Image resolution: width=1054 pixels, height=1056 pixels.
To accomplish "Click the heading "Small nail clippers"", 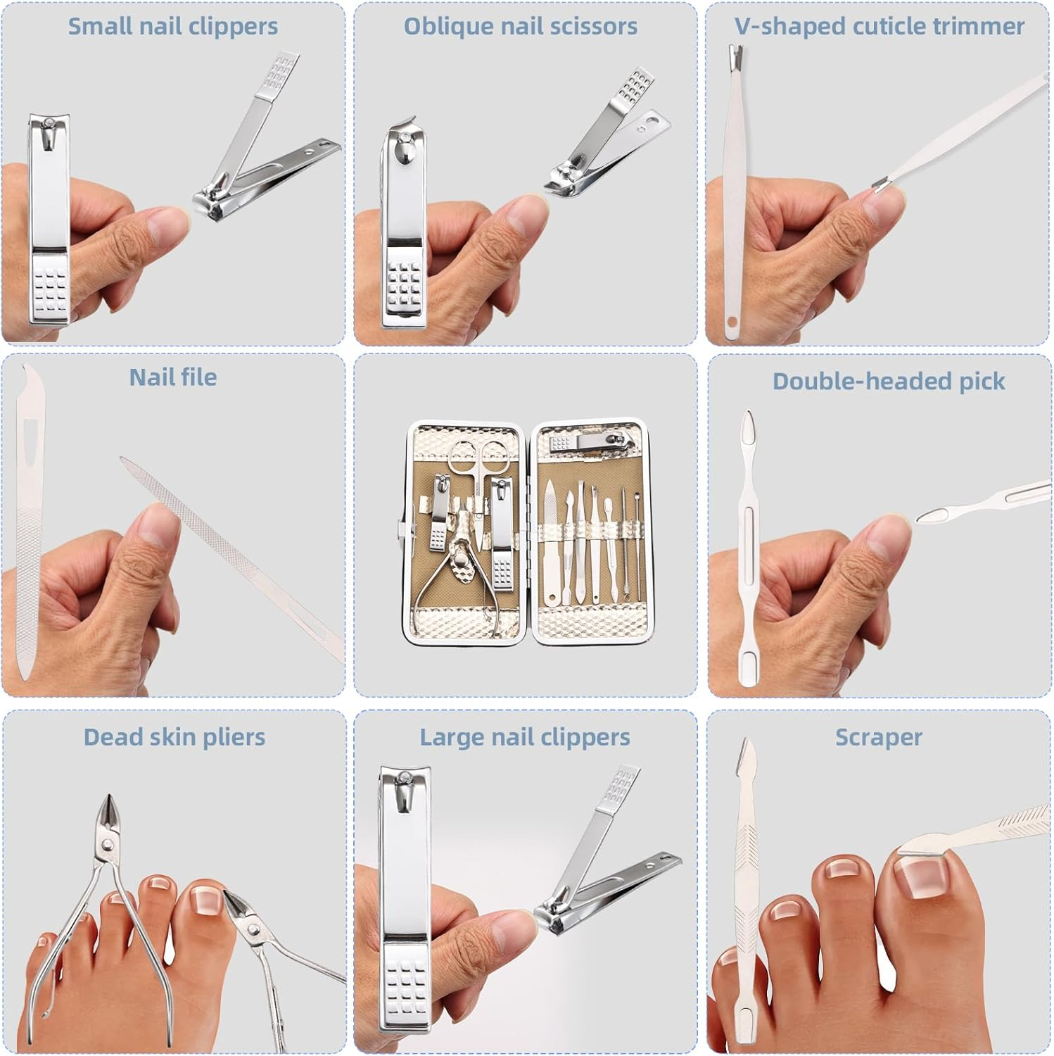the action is [x=172, y=27].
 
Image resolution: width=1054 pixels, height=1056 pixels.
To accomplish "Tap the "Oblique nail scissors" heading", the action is [x=521, y=27].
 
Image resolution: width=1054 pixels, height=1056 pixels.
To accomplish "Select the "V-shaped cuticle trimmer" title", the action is [x=879, y=27].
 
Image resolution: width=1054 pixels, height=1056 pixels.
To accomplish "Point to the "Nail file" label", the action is [x=173, y=377].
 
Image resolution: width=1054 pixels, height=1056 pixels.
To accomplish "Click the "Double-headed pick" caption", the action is [x=889, y=381].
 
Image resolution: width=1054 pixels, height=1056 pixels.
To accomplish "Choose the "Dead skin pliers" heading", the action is [x=174, y=737].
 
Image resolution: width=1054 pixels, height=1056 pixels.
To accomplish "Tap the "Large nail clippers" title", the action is [x=525, y=737].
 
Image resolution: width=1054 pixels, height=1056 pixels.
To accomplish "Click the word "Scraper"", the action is [x=878, y=737].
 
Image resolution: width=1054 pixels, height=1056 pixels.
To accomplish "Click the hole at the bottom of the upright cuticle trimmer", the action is [x=732, y=322].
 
